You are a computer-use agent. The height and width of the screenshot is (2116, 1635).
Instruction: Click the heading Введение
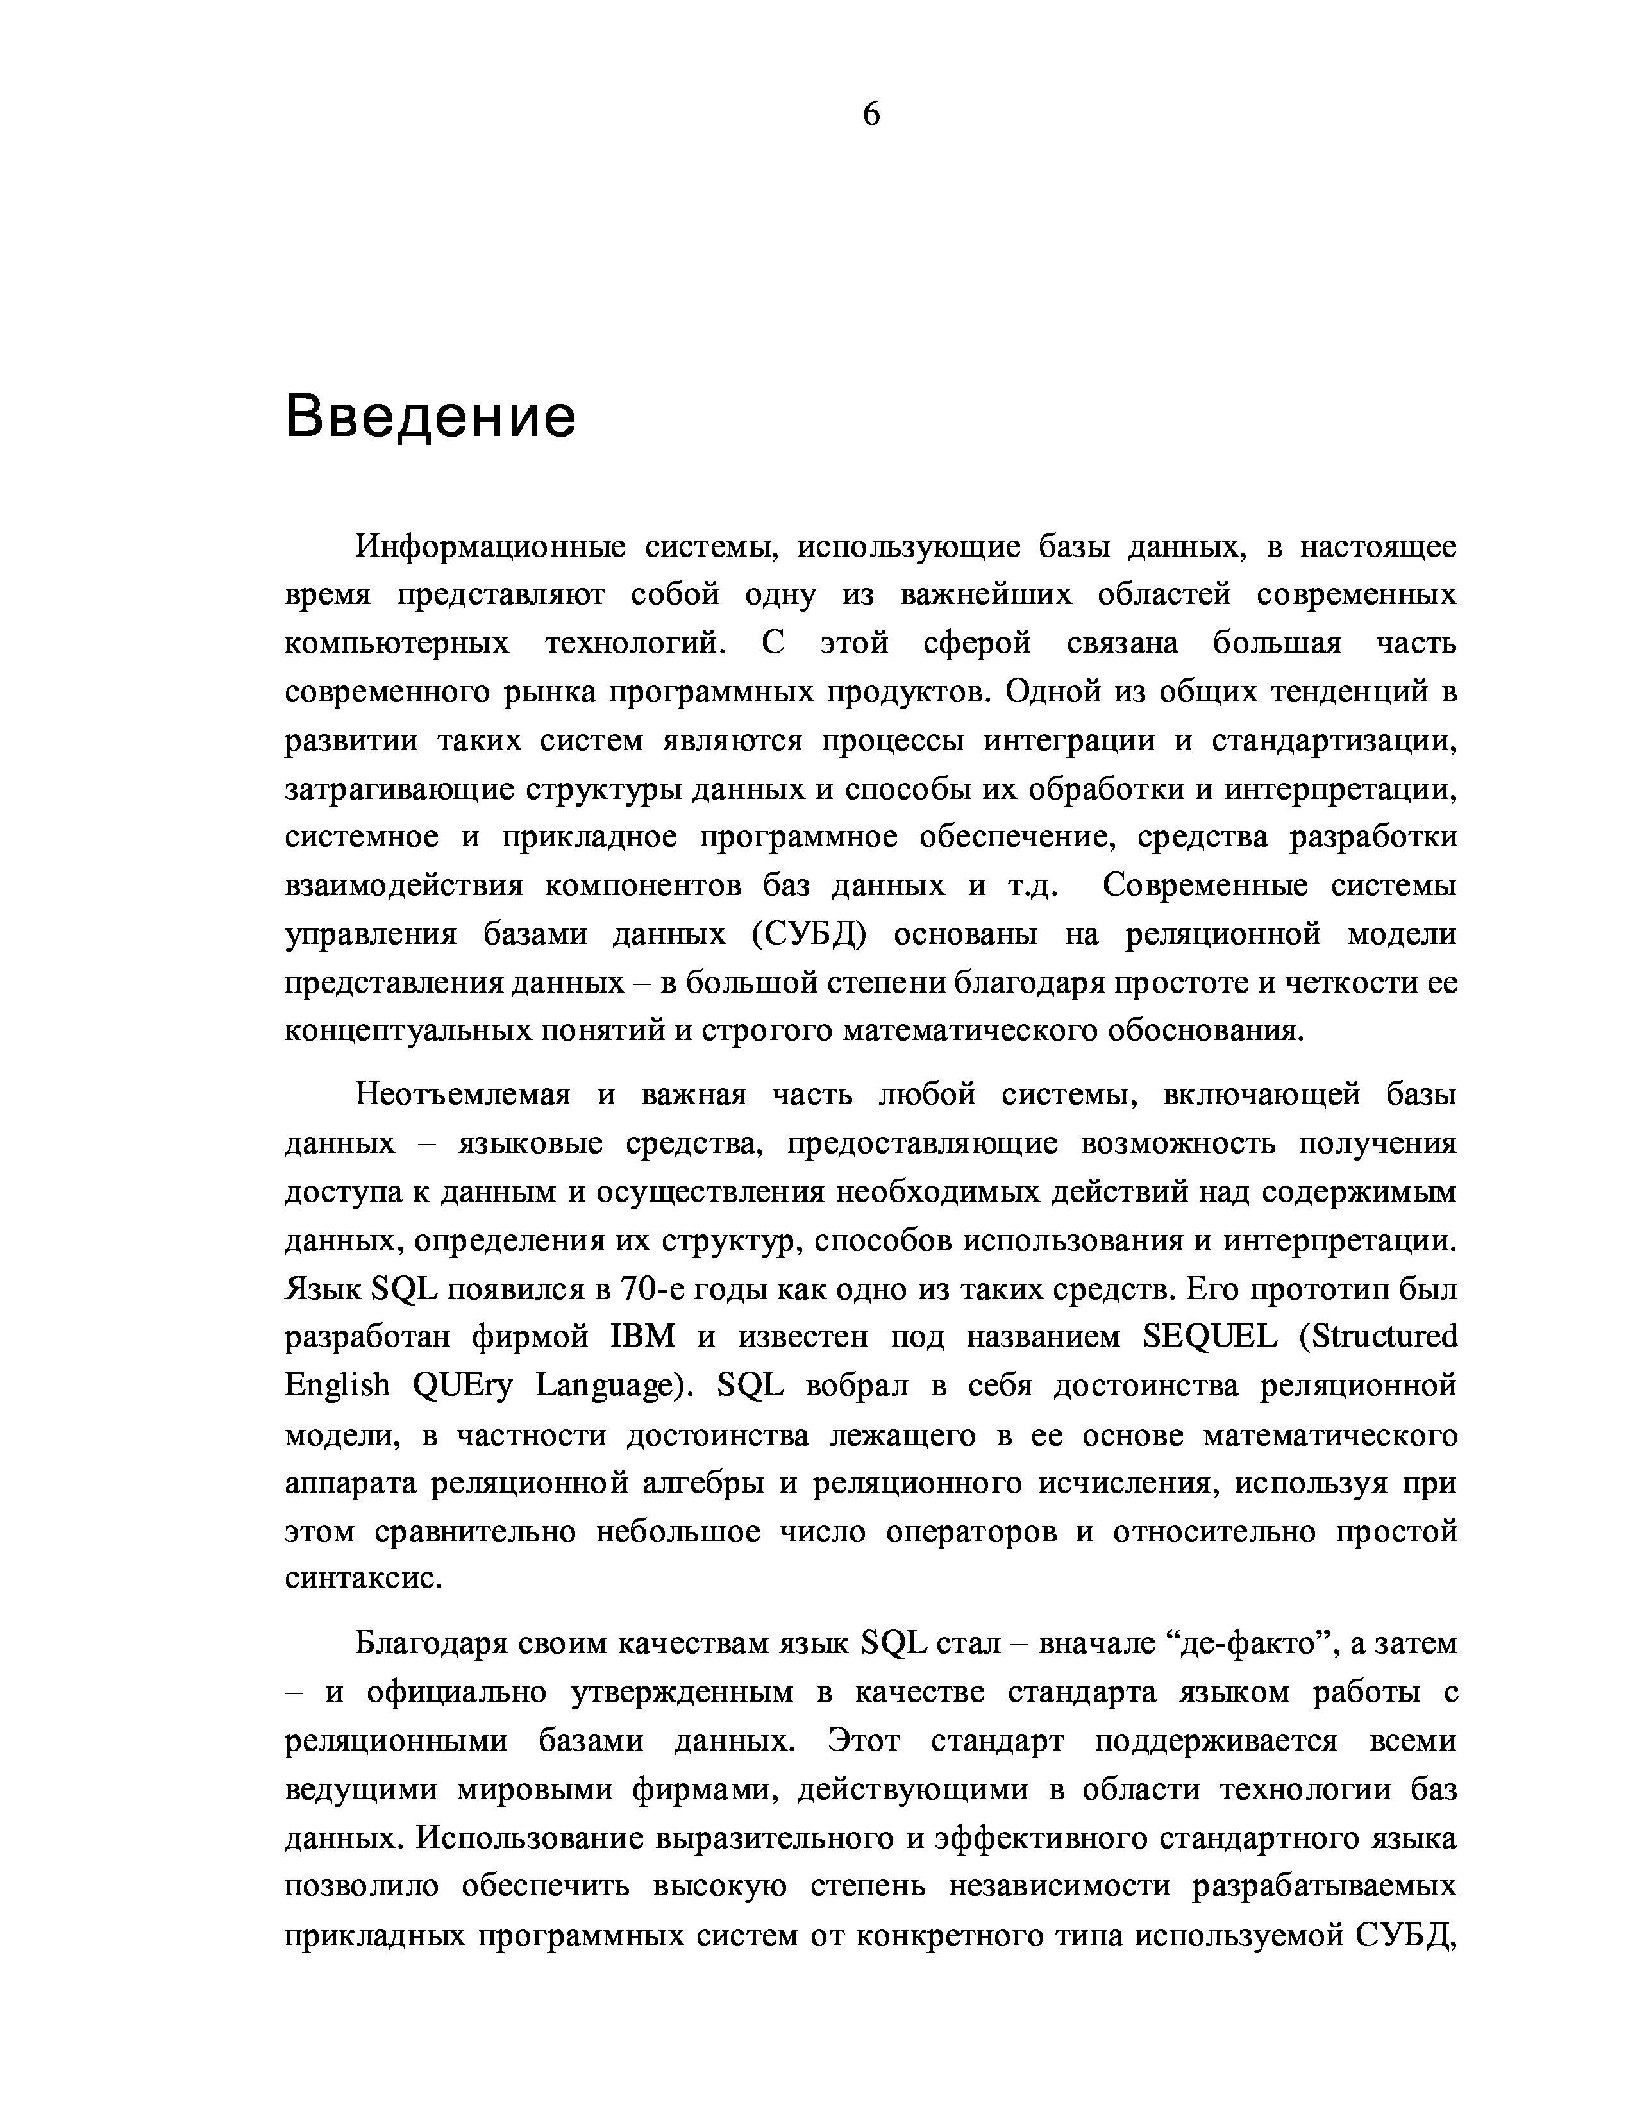(x=431, y=417)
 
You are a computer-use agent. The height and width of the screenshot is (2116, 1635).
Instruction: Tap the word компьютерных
(x=397, y=644)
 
